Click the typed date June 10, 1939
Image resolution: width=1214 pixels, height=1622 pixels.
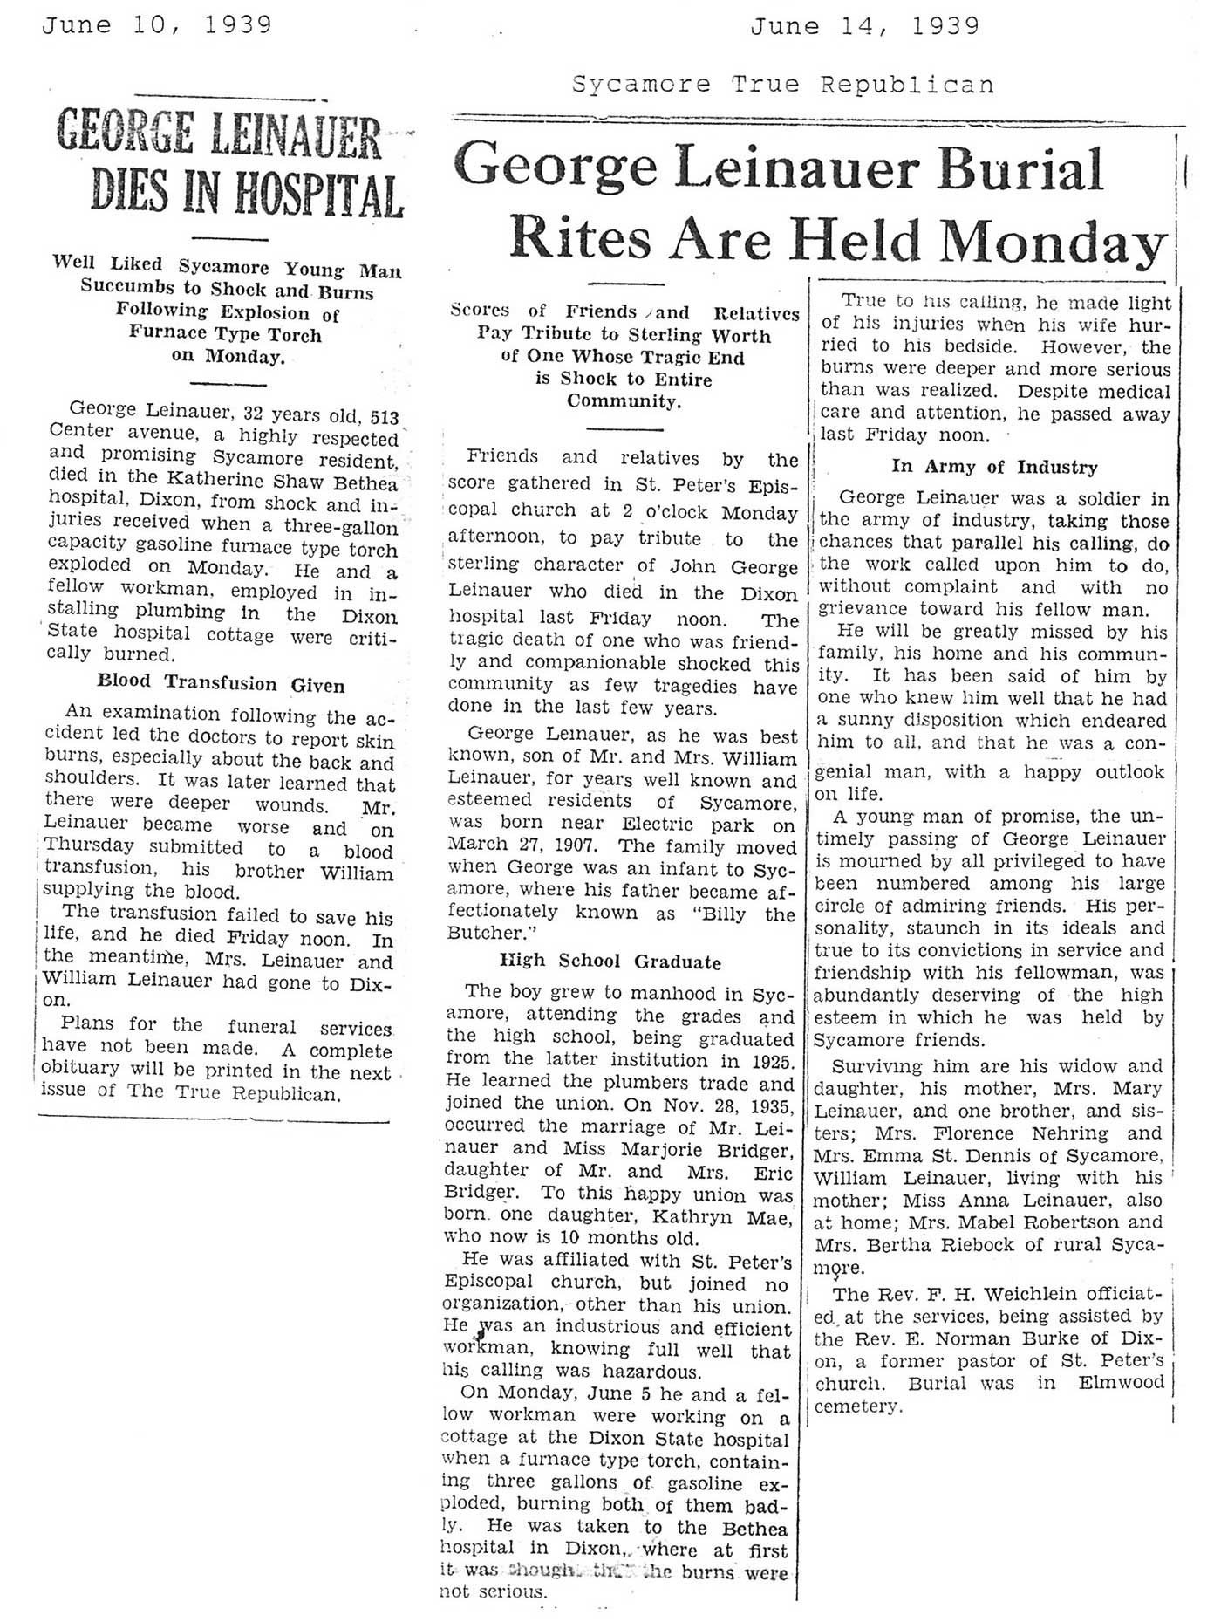(x=157, y=25)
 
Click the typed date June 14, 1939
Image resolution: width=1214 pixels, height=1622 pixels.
(x=864, y=27)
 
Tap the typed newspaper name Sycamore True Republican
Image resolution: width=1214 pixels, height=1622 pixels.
(x=782, y=85)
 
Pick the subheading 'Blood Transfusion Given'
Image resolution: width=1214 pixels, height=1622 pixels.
(x=221, y=684)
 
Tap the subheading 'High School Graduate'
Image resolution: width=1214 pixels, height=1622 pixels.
(x=610, y=962)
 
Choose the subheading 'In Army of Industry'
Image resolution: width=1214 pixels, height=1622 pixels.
(x=994, y=467)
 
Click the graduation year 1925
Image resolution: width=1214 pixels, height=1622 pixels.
(x=770, y=1062)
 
